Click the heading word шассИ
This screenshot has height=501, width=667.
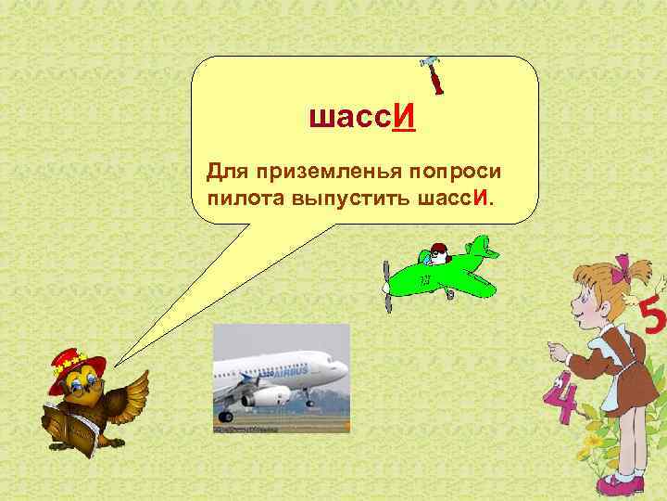pyautogui.click(x=362, y=119)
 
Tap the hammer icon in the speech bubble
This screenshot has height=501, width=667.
pyautogui.click(x=433, y=73)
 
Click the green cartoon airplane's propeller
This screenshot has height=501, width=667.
pyautogui.click(x=386, y=284)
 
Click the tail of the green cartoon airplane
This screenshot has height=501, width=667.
pyautogui.click(x=481, y=248)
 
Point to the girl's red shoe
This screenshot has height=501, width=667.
pyautogui.click(x=611, y=485)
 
